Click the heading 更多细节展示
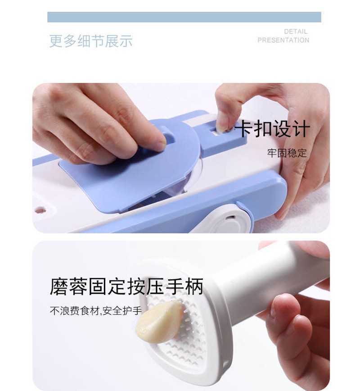tap(91, 41)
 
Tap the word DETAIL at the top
tap(296, 32)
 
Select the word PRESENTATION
tap(283, 40)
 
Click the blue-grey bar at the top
tap(184, 17)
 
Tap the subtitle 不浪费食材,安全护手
tap(95, 310)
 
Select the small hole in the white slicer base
tap(40, 210)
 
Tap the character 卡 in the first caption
tap(244, 129)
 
